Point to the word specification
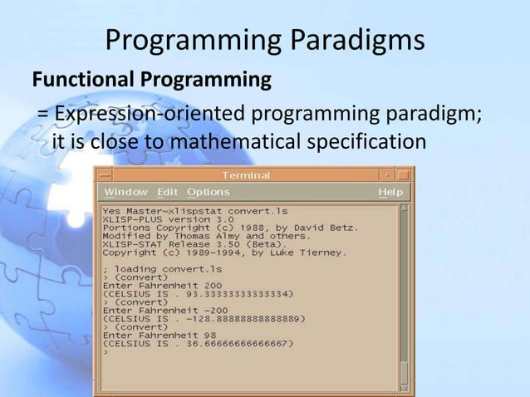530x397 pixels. click(x=367, y=143)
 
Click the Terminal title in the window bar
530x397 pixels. click(x=246, y=176)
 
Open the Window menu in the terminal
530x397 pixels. click(x=125, y=193)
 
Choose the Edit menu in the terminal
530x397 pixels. click(x=168, y=193)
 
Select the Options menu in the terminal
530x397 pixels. click(x=208, y=193)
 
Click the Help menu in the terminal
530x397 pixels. click(x=390, y=193)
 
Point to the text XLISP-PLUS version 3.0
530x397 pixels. click(x=157, y=219)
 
